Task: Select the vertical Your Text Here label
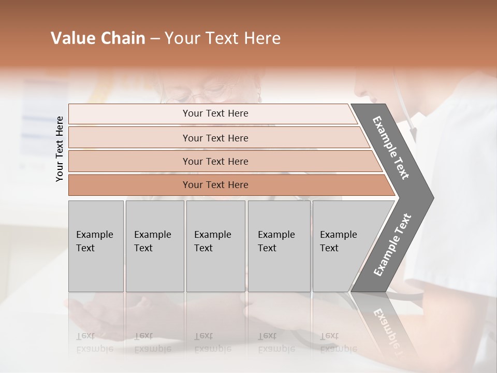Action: point(60,149)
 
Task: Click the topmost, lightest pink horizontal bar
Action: point(215,113)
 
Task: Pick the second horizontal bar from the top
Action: point(215,138)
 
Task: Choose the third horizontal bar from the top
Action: point(215,161)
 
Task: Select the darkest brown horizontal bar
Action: point(215,185)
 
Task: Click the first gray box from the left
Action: point(96,246)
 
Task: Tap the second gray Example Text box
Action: point(155,246)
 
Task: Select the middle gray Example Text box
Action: point(215,246)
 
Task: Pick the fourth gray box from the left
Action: point(279,246)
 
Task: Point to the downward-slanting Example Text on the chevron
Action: point(391,148)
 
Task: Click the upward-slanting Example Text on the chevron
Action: point(392,245)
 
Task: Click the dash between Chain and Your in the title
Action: point(155,39)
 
